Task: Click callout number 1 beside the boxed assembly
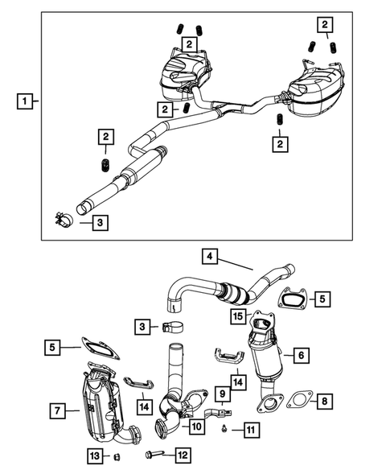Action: (x=27, y=102)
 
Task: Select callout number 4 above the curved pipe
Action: (x=208, y=258)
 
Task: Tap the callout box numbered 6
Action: (x=300, y=353)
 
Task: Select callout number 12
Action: (x=183, y=455)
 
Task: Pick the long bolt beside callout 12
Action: (x=156, y=455)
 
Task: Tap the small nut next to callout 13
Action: (x=116, y=458)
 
